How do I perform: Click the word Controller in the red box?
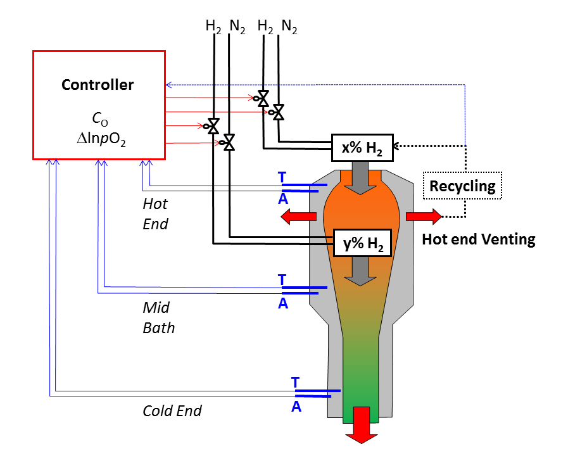point(98,85)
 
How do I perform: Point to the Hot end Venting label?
point(479,239)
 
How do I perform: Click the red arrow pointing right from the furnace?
point(424,217)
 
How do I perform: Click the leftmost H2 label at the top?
point(213,27)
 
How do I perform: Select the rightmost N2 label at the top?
point(289,27)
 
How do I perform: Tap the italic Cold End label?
point(172,411)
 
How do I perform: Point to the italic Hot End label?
point(156,214)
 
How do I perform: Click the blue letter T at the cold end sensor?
point(295,383)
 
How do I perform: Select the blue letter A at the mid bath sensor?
point(283,303)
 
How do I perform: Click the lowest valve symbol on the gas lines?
point(229,143)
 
